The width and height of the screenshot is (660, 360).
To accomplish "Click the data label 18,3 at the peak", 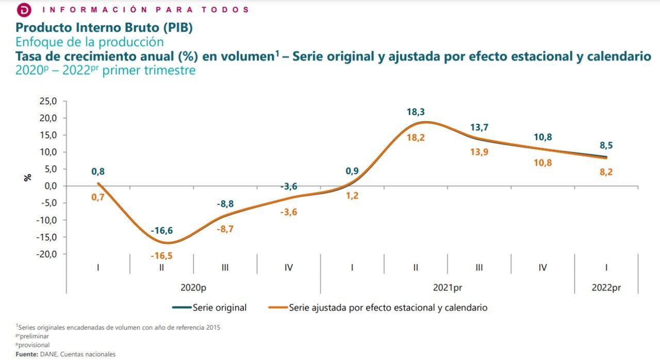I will (416, 112).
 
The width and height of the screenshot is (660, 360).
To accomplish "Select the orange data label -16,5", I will (162, 256).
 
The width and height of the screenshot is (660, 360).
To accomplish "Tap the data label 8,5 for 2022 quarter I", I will (606, 145).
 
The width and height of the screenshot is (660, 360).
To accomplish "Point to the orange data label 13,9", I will (480, 152).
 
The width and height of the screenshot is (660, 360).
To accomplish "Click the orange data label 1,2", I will (353, 195).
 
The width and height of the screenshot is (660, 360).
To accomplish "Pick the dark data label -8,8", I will (225, 204).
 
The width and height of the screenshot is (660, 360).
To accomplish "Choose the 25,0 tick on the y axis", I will (48, 101).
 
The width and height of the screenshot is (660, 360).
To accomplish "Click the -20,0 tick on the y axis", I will (47, 254).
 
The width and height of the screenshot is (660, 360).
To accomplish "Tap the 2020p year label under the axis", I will (193, 287).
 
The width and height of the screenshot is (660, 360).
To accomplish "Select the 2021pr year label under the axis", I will (447, 287).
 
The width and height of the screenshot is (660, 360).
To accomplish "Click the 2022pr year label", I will (606, 287).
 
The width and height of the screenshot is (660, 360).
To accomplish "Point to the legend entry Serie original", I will (219, 307).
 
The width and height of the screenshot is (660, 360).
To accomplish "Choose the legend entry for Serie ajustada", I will (388, 307).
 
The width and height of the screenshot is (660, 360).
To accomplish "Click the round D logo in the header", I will (24, 10).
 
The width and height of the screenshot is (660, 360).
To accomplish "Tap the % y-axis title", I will (27, 177).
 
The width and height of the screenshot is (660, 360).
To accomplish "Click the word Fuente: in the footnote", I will (27, 354).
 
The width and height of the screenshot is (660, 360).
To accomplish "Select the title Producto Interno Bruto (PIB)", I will (104, 27).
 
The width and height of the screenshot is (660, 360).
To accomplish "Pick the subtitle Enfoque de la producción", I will (90, 42).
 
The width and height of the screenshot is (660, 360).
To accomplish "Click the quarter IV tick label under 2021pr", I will (542, 267).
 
